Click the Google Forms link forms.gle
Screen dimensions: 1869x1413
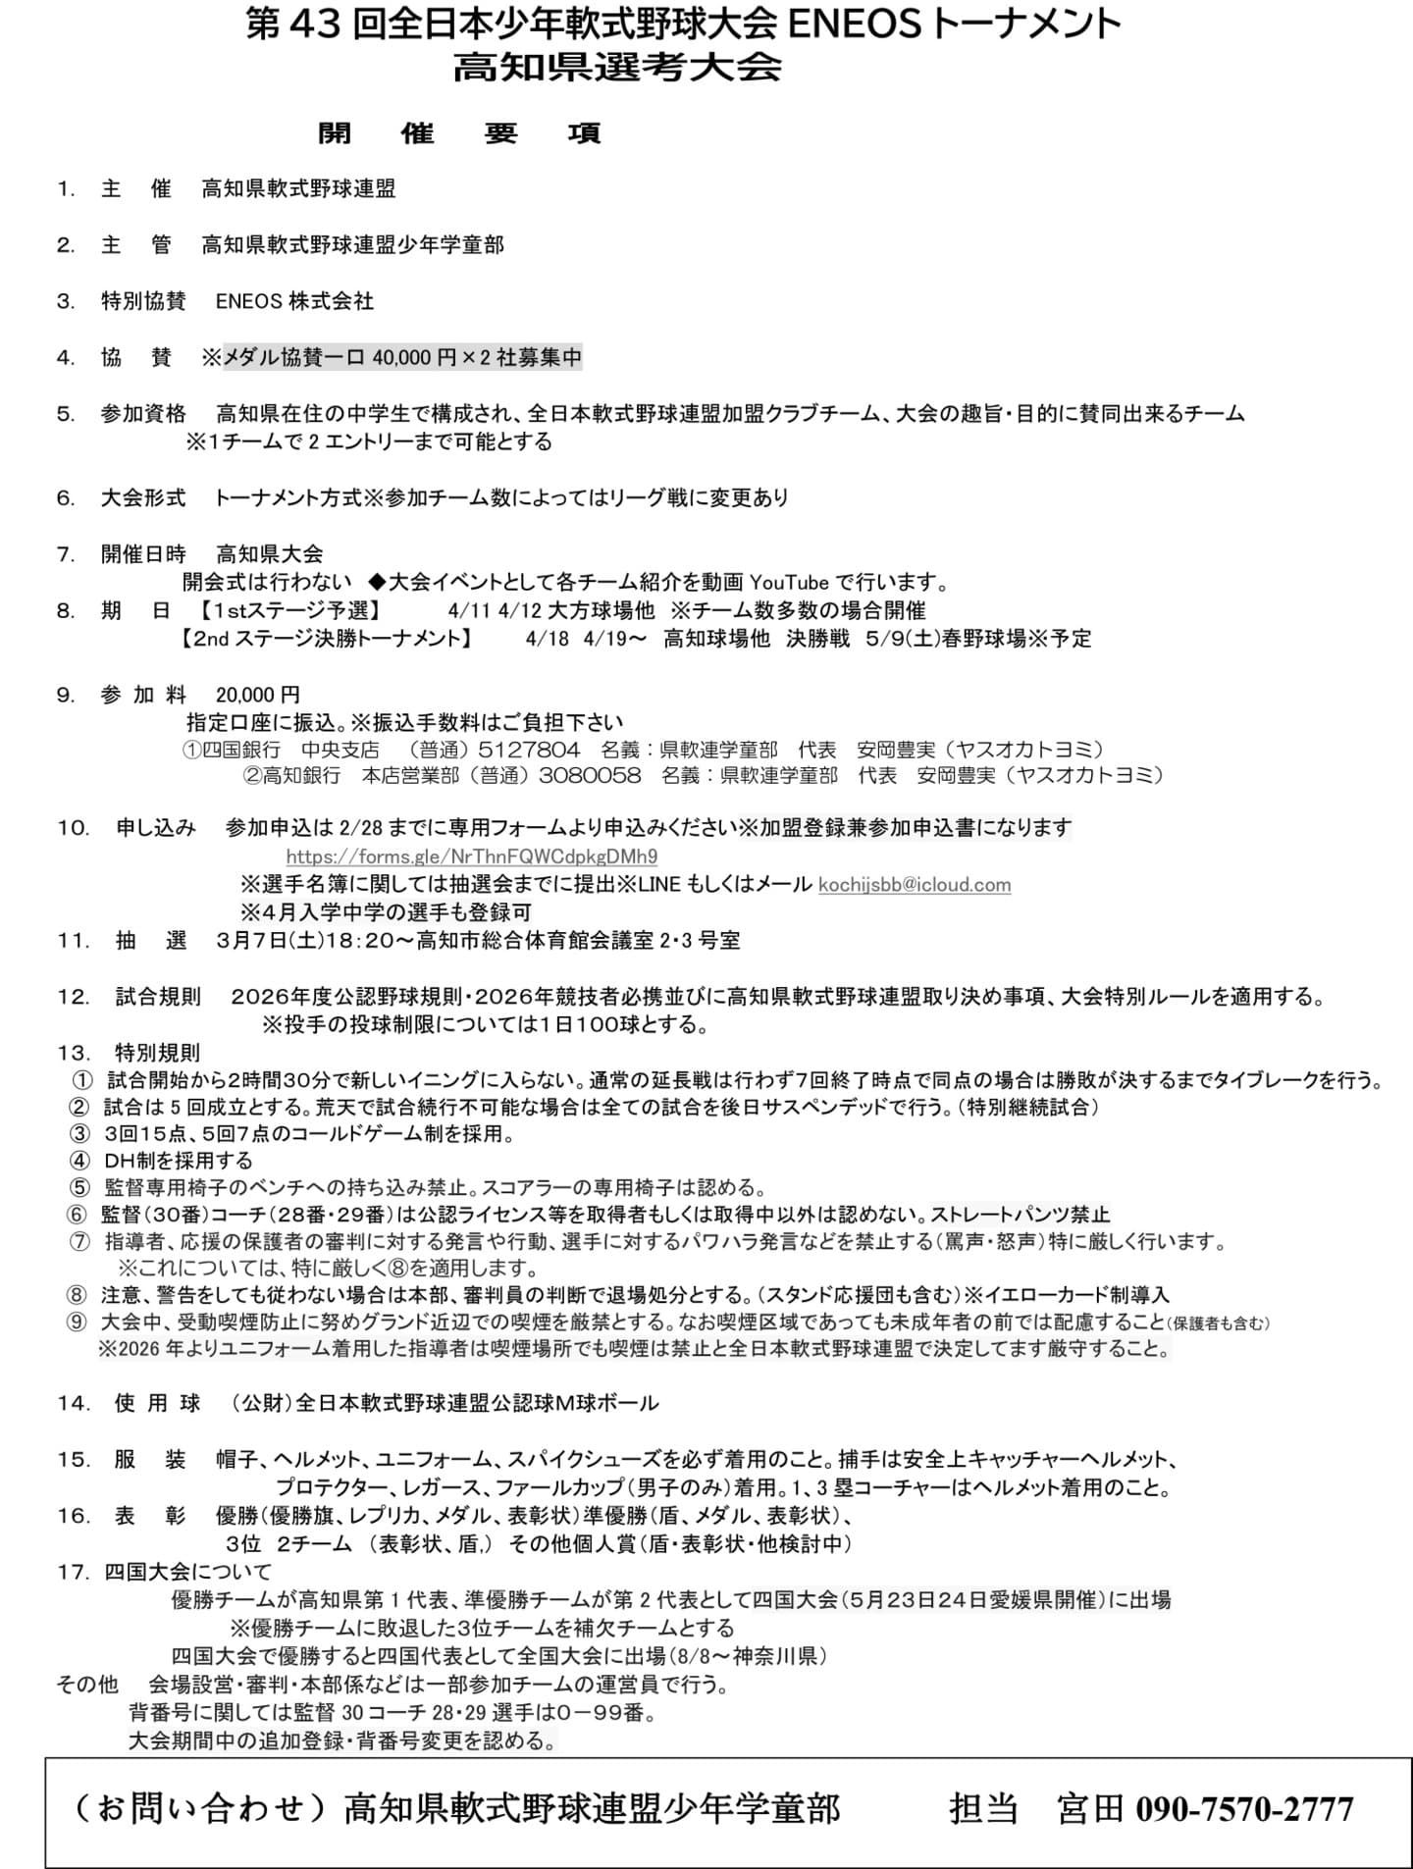tap(471, 856)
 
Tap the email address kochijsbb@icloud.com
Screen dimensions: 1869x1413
tap(914, 884)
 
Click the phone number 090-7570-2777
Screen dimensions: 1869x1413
tap(1244, 1808)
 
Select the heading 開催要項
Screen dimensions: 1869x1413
tap(459, 133)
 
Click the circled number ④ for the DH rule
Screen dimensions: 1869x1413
tap(79, 1161)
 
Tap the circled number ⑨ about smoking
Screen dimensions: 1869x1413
tap(78, 1321)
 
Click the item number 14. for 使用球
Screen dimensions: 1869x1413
tap(74, 1403)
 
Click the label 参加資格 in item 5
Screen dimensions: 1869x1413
tap(142, 413)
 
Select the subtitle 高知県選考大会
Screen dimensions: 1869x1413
tap(617, 68)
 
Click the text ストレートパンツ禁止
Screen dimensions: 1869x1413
tap(1020, 1214)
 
